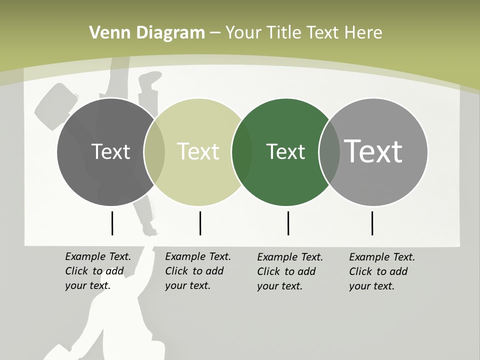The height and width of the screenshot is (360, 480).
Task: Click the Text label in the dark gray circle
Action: click(110, 151)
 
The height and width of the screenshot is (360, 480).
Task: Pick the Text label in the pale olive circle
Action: click(198, 151)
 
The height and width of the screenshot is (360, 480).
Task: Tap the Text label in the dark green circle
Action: click(285, 151)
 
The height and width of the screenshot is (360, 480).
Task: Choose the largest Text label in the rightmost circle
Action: click(373, 151)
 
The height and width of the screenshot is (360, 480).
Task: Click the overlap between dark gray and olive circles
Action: click(154, 152)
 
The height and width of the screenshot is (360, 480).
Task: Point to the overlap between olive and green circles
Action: click(242, 152)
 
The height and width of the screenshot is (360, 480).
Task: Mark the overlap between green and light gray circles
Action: click(329, 152)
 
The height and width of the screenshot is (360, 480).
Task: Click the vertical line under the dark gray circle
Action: click(112, 223)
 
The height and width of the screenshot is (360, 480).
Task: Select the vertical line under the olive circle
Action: click(200, 223)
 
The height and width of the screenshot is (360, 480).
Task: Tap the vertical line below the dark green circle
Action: click(288, 223)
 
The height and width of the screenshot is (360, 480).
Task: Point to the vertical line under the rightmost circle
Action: click(372, 223)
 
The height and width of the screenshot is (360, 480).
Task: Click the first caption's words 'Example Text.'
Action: click(98, 256)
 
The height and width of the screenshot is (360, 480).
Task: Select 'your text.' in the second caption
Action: click(187, 285)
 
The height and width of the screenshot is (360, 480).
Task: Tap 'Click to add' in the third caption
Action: click(286, 271)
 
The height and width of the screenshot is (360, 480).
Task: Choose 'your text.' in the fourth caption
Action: click(371, 286)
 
